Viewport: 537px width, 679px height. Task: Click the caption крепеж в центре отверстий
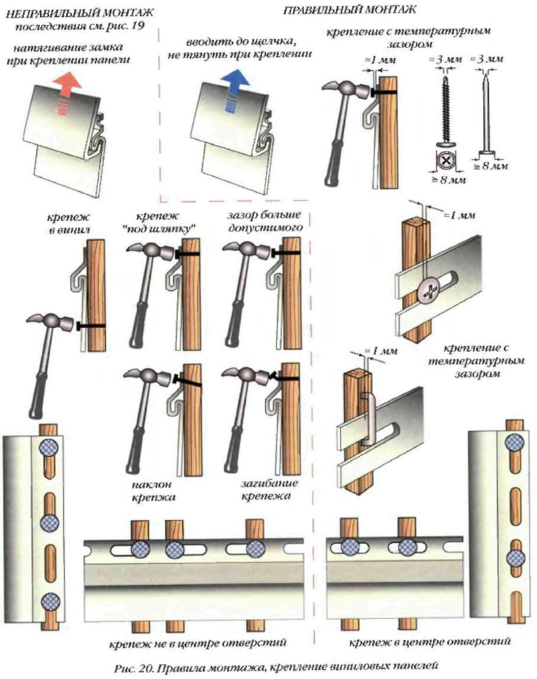pos(429,642)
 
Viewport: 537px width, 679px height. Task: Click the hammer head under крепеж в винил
pos(50,323)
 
